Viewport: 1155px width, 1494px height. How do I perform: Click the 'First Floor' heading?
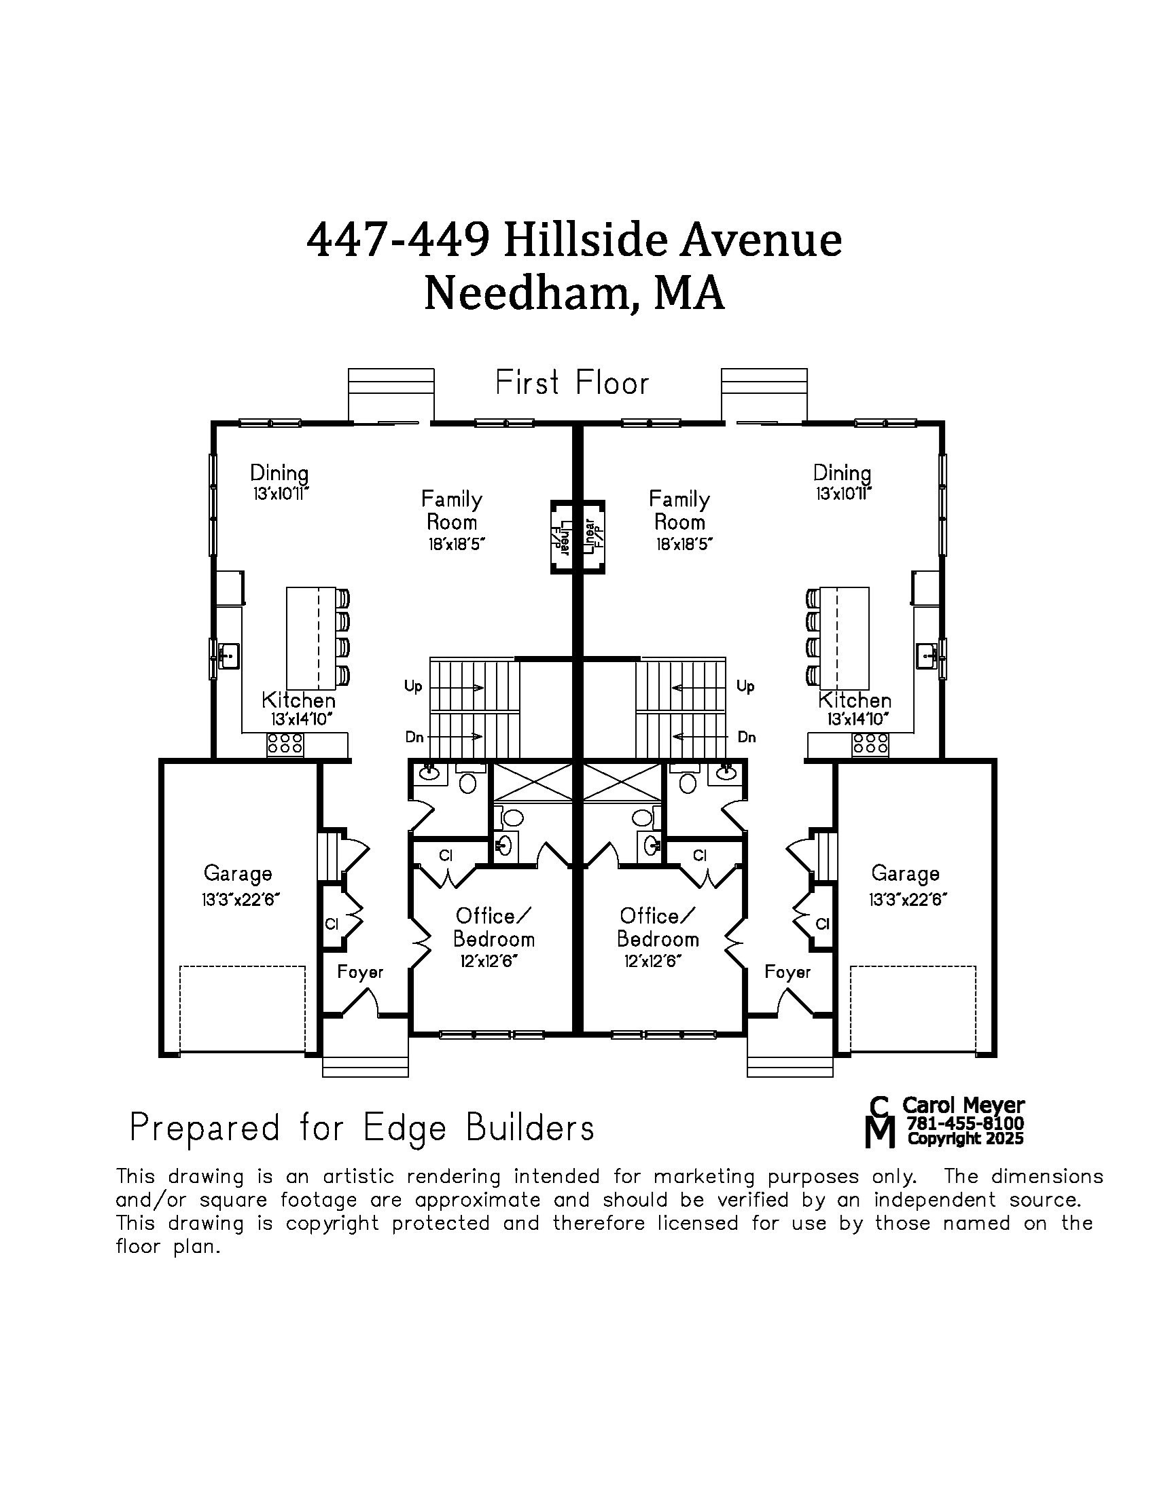[x=572, y=383]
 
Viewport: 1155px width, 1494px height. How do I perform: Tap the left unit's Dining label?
[x=279, y=473]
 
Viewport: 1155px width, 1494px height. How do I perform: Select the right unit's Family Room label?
[x=679, y=510]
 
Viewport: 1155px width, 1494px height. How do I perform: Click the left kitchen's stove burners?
[x=285, y=744]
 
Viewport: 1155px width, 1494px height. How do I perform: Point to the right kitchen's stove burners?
[x=870, y=744]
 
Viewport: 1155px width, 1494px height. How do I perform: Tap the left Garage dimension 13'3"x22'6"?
[x=237, y=900]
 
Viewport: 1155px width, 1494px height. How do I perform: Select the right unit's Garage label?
[x=905, y=873]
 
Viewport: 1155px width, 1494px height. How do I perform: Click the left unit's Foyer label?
[x=360, y=972]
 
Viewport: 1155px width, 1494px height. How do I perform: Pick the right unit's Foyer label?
[x=787, y=972]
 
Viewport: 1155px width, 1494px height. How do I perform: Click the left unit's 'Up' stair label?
[x=413, y=686]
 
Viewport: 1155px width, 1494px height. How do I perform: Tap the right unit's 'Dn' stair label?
[x=747, y=737]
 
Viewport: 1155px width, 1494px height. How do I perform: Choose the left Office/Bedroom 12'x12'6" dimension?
[x=488, y=961]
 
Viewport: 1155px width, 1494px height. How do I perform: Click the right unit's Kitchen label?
[x=855, y=701]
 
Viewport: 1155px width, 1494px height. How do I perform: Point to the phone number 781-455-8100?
[x=965, y=1123]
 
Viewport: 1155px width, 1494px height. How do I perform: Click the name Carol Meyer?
[x=963, y=1106]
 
